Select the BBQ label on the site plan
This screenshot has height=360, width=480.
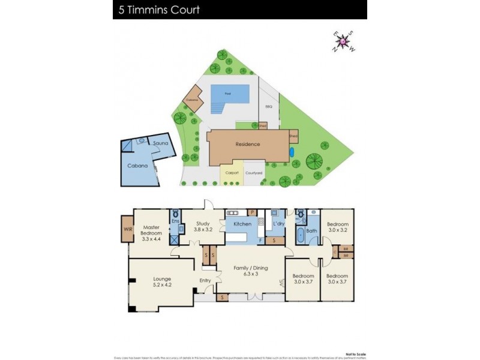click(x=268, y=107)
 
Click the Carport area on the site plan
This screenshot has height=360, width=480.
click(x=232, y=173)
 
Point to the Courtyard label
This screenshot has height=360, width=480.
click(x=254, y=173)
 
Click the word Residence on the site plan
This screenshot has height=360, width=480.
click(x=247, y=144)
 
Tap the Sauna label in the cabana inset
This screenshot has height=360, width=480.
click(x=160, y=143)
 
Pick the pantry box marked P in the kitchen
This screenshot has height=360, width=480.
click(x=253, y=212)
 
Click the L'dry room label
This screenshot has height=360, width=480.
click(x=278, y=224)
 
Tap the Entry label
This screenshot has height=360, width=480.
click(x=206, y=280)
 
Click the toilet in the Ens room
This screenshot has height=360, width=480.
click(x=175, y=214)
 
